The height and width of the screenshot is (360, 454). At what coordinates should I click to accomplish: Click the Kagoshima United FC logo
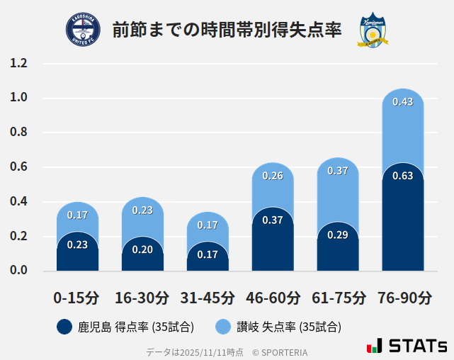coord(83,30)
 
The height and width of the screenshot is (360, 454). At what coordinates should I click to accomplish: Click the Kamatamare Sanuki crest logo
coord(372,30)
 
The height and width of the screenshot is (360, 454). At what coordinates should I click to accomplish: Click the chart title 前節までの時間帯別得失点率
coord(227,30)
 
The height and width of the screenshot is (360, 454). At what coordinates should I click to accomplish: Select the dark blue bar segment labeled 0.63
coord(402,220)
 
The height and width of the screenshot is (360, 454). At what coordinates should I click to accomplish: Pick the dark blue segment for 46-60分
coord(273,241)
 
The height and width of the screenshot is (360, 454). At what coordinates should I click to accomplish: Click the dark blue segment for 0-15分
coord(77,253)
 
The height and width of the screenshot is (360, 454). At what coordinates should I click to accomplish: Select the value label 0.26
coord(273,176)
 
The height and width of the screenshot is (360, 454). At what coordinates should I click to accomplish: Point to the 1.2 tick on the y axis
coord(19,64)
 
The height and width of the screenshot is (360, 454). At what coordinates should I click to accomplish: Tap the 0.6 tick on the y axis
coord(19,167)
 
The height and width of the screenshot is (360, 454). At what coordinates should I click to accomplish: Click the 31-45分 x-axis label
coord(208,297)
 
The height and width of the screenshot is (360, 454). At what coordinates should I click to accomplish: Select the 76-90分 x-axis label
coord(402,297)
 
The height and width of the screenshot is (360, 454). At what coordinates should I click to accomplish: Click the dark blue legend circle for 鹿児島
coord(64,327)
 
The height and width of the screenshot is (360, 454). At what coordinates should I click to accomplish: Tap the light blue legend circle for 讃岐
coord(222,327)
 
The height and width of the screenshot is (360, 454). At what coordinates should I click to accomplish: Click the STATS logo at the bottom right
coord(407,346)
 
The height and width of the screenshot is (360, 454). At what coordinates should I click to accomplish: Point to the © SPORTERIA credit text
coord(280,351)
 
